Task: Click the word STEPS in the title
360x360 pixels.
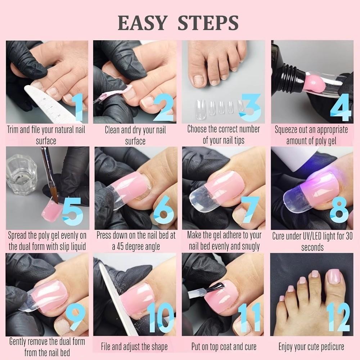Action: [x=208, y=23]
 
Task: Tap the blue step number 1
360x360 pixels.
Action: [x=78, y=108]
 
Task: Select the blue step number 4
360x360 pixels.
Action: [x=341, y=108]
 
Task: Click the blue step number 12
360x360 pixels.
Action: [x=338, y=317]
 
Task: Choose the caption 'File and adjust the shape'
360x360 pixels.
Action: [x=135, y=347]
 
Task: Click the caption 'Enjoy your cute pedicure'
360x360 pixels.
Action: [x=311, y=347]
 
